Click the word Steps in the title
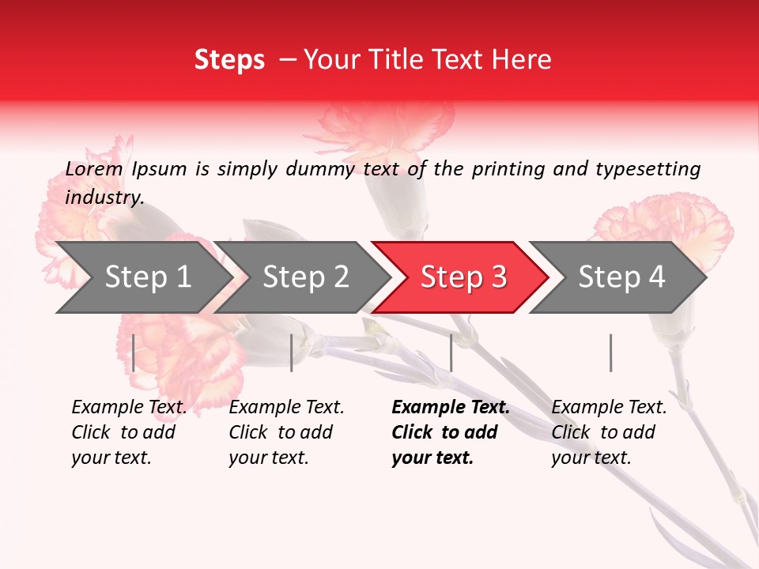tap(229, 60)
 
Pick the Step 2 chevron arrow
tap(304, 277)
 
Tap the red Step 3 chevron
tap(463, 277)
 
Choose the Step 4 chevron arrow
tap(621, 277)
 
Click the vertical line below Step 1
tap(134, 352)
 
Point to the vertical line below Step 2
tap(292, 352)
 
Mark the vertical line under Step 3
tap(451, 352)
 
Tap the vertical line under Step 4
tap(610, 352)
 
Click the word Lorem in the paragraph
tap(94, 169)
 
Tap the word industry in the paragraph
tap(104, 198)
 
